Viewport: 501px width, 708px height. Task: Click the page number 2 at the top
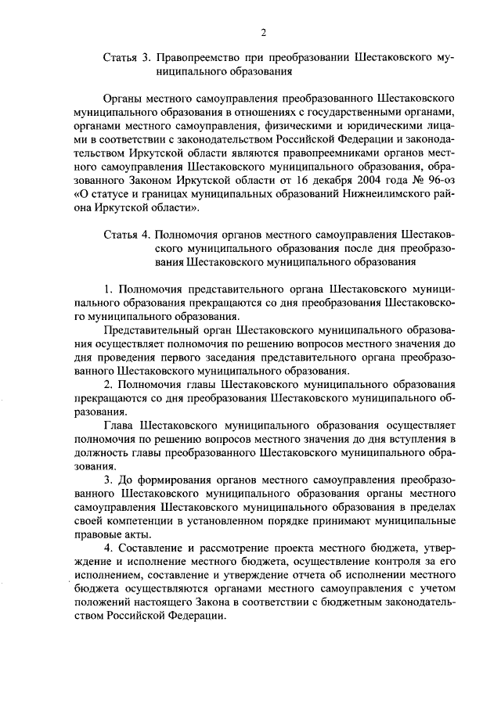coord(264,32)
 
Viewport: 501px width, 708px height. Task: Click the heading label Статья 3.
coord(126,58)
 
